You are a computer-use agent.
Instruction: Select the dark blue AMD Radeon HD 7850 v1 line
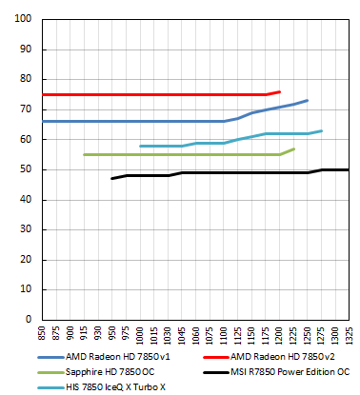click(143, 121)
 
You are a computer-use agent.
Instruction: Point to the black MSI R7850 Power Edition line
click(238, 172)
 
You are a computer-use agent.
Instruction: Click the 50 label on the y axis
click(27, 169)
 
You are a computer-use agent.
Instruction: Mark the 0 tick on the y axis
click(30, 319)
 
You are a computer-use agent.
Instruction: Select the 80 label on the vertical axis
click(27, 79)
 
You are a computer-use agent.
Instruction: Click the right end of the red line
click(279, 91)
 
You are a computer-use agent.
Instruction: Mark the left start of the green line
click(85, 154)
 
